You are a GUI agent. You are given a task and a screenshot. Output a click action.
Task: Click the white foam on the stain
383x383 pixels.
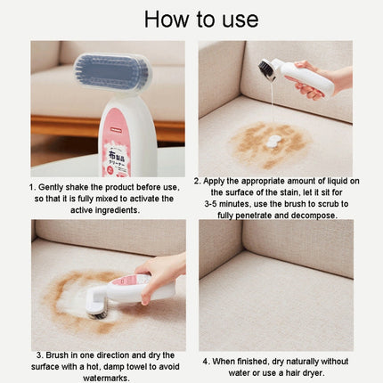pyautogui.click(x=273, y=141)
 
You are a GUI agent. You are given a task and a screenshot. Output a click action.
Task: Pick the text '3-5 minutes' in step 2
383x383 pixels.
pyautogui.click(x=231, y=203)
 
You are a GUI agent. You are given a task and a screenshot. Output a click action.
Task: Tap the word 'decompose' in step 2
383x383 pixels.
pyautogui.click(x=311, y=215)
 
